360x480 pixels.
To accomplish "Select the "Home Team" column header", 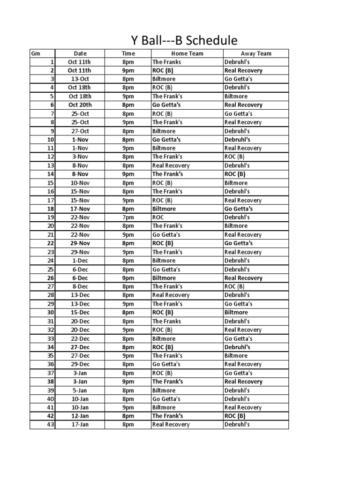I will click(187, 53).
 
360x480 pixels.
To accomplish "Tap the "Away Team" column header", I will click(256, 53).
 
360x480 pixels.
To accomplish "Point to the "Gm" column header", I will click(35, 53).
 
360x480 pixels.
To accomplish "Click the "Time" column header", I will click(128, 53).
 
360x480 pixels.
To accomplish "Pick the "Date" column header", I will click(80, 53).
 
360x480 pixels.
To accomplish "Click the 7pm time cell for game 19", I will click(128, 217).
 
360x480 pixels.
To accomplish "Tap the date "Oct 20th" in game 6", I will click(80, 105).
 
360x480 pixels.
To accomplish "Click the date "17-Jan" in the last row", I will click(80, 425).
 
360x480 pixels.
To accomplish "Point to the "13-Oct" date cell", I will click(80, 79).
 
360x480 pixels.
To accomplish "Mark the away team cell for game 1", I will click(237, 62).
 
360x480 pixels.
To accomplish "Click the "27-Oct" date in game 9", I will click(80, 131).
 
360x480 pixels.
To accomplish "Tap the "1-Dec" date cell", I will click(80, 261).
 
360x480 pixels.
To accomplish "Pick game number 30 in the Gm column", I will click(51, 313).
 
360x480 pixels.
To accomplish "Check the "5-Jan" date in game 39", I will click(80, 390).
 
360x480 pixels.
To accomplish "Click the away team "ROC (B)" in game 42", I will click(235, 416).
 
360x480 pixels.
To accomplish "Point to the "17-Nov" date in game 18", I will click(80, 209).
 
